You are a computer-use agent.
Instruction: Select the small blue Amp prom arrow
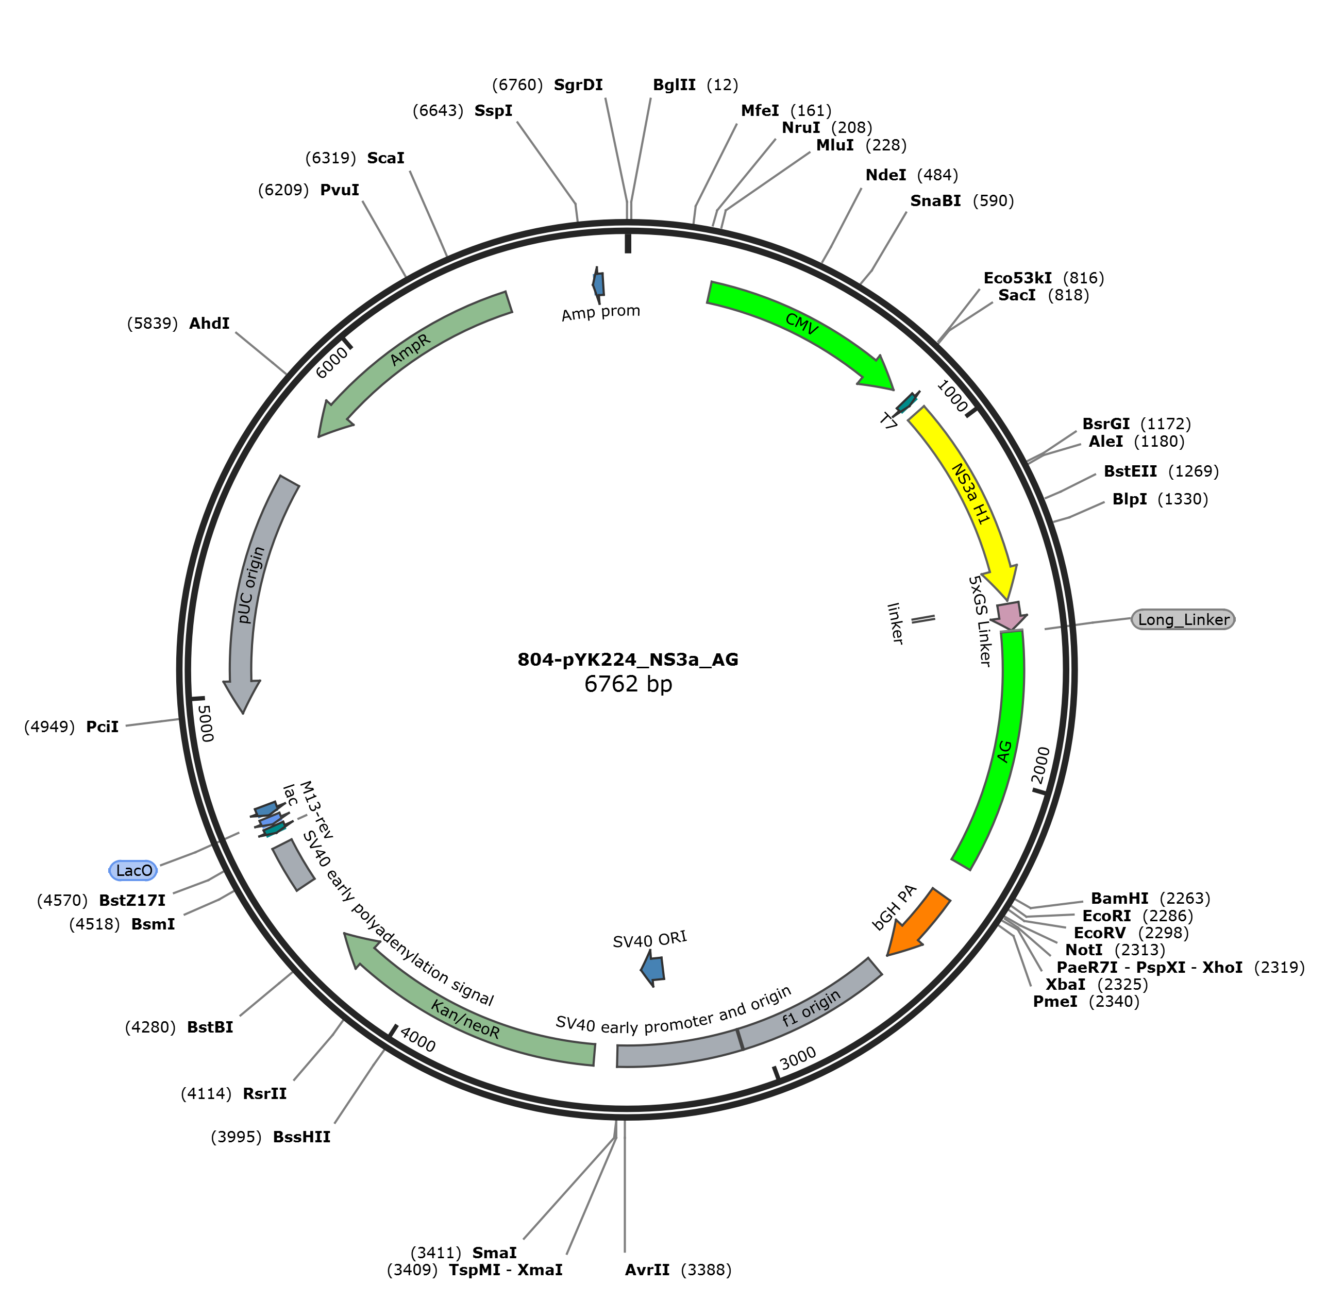click(599, 283)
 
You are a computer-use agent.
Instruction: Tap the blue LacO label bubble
click(133, 870)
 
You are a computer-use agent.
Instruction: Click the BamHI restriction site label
click(1119, 898)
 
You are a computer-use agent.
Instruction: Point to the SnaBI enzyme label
click(935, 200)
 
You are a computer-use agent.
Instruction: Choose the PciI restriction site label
click(103, 726)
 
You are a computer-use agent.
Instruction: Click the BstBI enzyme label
click(210, 1027)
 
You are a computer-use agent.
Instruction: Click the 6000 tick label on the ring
click(332, 362)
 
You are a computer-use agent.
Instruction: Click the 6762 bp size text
click(628, 683)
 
